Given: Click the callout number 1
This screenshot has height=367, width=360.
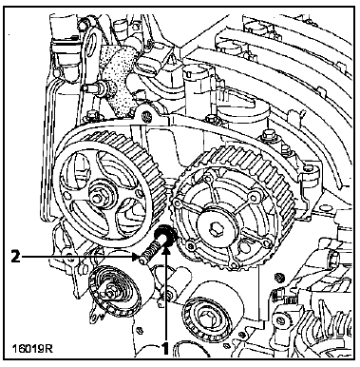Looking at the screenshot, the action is click(165, 349).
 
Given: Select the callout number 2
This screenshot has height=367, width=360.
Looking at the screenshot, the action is click(15, 256).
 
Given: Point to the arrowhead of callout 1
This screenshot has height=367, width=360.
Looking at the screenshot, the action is click(166, 251).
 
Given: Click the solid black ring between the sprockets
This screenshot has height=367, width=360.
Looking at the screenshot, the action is click(164, 236).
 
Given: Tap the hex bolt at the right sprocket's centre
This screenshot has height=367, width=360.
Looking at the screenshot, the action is click(216, 227).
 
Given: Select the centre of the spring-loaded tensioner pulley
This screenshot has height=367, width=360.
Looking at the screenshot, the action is click(110, 294).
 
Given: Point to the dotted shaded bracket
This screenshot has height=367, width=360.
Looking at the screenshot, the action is click(120, 81).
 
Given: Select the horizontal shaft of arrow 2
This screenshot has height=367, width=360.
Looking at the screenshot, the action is click(78, 257).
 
